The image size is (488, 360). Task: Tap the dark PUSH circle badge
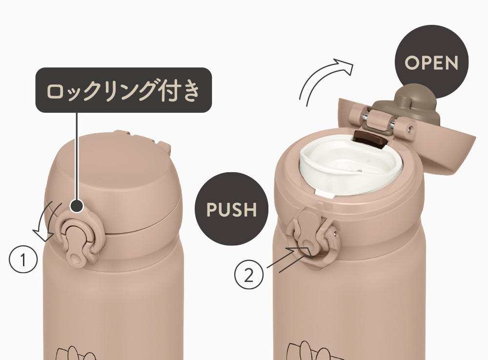click(x=231, y=209)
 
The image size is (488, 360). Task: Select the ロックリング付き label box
click(x=123, y=90)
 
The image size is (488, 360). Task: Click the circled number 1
click(x=23, y=259)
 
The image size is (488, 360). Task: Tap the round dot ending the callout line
click(x=77, y=206)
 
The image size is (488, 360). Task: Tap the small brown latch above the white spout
click(x=369, y=138)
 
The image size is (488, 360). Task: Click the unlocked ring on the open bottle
click(x=314, y=237)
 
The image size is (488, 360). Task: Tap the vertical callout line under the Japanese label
click(x=77, y=156)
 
